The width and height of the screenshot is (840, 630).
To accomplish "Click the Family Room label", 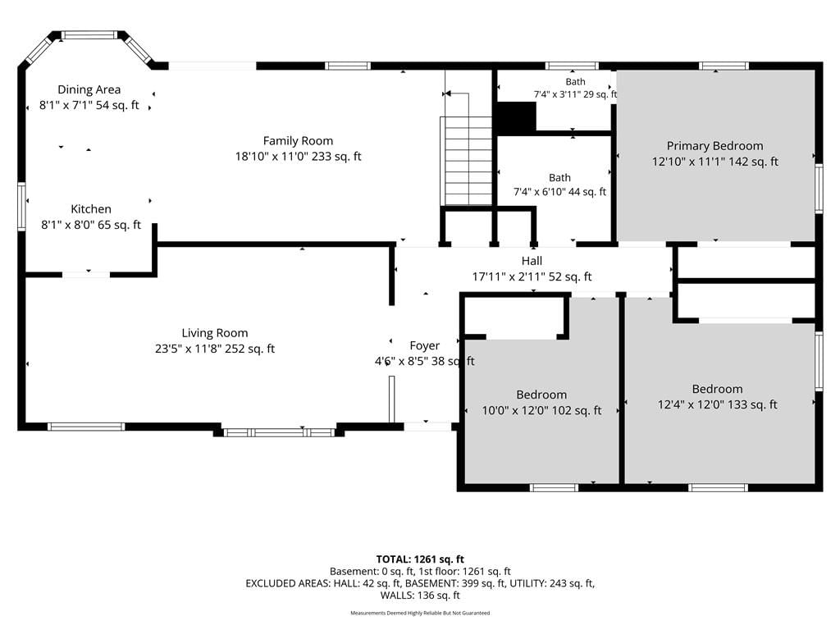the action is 298,141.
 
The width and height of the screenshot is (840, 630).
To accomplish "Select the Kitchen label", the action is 91,209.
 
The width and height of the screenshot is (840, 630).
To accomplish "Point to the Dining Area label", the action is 89,89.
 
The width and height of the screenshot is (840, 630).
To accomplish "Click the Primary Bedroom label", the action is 714,146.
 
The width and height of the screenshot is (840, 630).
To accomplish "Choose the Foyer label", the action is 424,345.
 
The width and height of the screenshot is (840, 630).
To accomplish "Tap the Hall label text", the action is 532,261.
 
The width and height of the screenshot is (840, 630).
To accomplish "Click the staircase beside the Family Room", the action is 467,161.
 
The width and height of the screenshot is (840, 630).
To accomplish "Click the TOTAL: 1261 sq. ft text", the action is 420,559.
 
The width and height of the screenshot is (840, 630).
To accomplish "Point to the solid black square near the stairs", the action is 516,117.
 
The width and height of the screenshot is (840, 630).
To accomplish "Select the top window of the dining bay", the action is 89,35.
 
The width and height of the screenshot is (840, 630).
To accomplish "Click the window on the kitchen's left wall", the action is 22,207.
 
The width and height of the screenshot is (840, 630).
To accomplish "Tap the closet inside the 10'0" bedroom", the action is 515,317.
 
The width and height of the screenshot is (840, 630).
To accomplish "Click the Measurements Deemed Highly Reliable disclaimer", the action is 420,613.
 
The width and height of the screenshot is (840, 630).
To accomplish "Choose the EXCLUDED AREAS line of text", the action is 420,583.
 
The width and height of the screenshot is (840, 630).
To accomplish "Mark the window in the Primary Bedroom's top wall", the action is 724,66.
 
